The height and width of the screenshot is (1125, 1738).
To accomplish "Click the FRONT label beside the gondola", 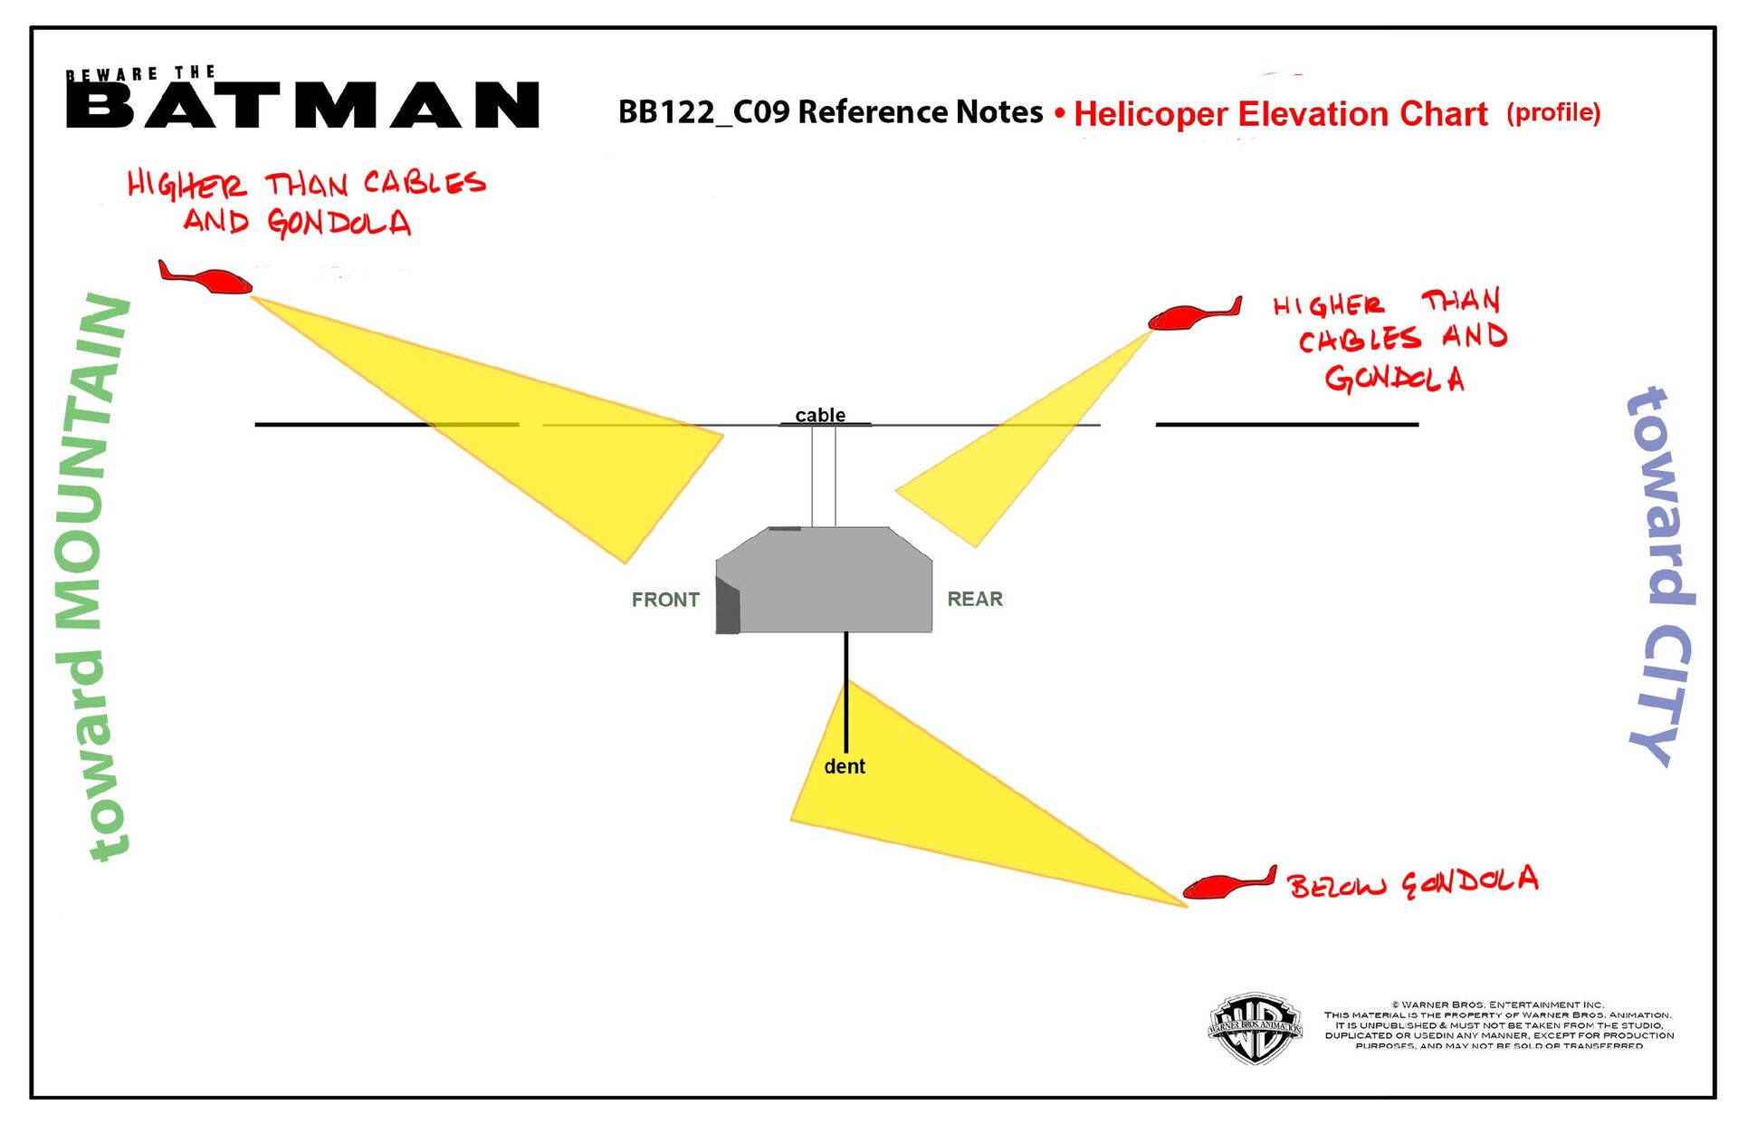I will tap(665, 600).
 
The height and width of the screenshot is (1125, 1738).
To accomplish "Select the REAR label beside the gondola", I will tap(975, 599).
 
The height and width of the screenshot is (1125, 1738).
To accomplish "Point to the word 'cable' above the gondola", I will tap(820, 415).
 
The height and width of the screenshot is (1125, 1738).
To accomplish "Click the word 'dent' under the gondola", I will tap(845, 766).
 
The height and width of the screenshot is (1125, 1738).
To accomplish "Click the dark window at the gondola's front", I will tap(728, 607).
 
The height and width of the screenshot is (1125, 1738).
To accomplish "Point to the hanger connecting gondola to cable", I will tap(824, 476).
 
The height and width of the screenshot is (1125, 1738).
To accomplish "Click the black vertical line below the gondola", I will tap(846, 688).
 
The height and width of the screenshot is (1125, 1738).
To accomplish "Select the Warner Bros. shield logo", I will tap(1256, 1028).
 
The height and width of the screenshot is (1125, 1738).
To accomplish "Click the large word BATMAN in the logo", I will tap(303, 104).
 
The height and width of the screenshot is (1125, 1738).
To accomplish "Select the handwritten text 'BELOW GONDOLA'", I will tap(1412, 882).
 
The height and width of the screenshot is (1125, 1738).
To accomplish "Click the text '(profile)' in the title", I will tap(1553, 112).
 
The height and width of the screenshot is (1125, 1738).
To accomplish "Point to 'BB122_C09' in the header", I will tap(703, 111).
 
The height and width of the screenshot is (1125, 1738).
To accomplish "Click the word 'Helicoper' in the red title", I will tap(1150, 114).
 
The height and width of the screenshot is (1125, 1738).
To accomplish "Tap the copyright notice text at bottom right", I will tap(1498, 1025).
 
